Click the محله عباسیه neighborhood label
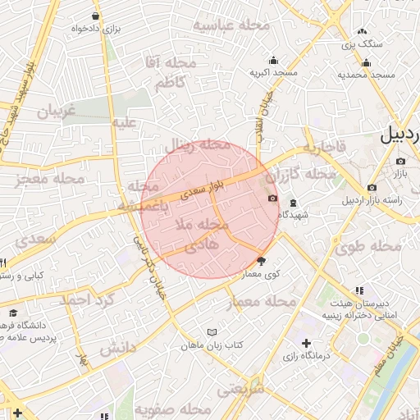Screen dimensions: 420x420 [x=232, y=25]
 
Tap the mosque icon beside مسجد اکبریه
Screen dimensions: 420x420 [x=273, y=60]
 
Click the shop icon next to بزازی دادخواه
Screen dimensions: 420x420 [x=96, y=16]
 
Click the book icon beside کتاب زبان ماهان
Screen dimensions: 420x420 [x=212, y=333]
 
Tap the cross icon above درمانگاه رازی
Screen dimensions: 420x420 [x=306, y=343]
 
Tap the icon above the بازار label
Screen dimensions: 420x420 [x=399, y=162]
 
